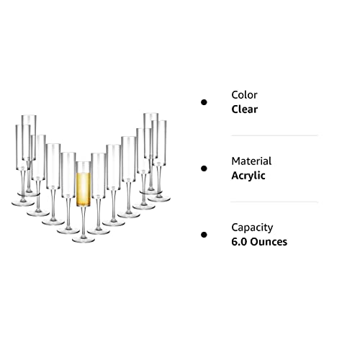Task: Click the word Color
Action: [x=244, y=95]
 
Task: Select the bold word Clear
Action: [x=245, y=109]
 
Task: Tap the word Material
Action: [x=251, y=161]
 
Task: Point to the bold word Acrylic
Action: [x=248, y=176]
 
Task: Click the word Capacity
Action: [x=252, y=228]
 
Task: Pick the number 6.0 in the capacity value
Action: [x=239, y=242]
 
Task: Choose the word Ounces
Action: [x=269, y=242]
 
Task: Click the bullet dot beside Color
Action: [x=204, y=102]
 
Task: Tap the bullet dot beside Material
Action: [x=204, y=168]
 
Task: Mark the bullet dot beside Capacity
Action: [x=204, y=235]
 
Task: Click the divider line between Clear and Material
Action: [x=274, y=135]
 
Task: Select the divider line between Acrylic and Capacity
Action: [x=274, y=202]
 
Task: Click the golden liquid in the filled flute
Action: [x=84, y=189]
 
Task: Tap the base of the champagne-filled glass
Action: [x=84, y=240]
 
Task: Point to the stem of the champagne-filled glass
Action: [x=84, y=221]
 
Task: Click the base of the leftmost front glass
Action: [x=23, y=203]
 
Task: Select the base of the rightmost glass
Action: [x=159, y=199]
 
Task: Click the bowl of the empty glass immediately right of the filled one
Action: [x=99, y=175]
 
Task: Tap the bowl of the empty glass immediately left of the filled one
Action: [x=68, y=175]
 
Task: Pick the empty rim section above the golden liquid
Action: [x=84, y=167]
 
